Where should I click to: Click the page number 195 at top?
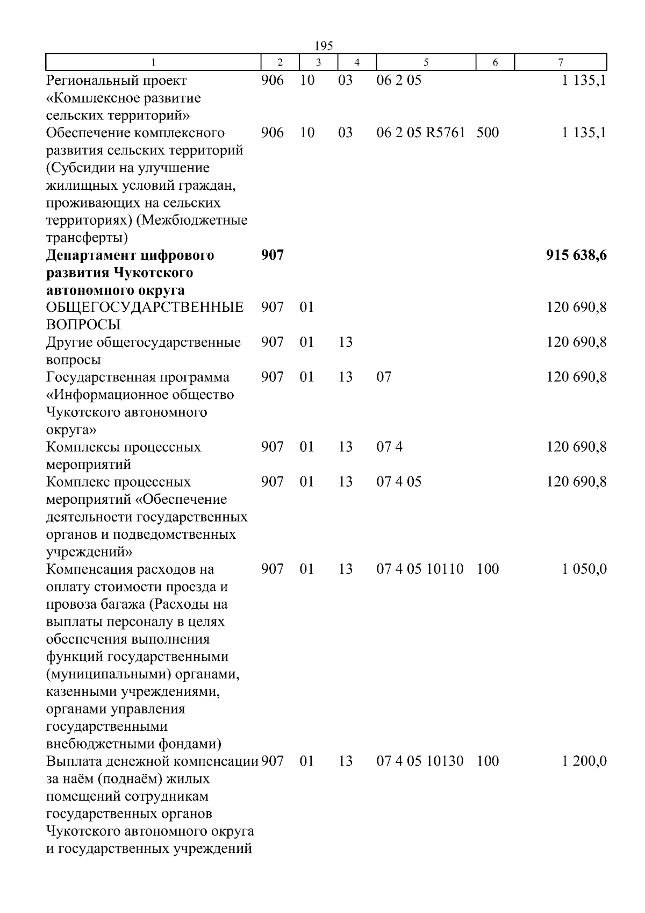(x=324, y=46)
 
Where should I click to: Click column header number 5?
(x=426, y=62)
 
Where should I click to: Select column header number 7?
(x=561, y=62)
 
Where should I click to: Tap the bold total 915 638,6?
(x=576, y=255)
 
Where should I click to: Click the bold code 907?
(x=273, y=255)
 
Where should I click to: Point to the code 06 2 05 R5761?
(x=420, y=132)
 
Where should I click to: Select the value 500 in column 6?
(x=488, y=132)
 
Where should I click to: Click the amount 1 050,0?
(x=584, y=569)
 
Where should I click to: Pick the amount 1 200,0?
(x=584, y=761)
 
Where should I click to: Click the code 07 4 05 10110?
(x=420, y=569)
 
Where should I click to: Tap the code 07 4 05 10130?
(x=420, y=761)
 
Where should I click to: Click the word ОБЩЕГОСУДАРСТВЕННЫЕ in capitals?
(x=145, y=308)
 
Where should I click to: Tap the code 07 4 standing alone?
(x=389, y=447)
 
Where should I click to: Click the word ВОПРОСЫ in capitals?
(x=83, y=325)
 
